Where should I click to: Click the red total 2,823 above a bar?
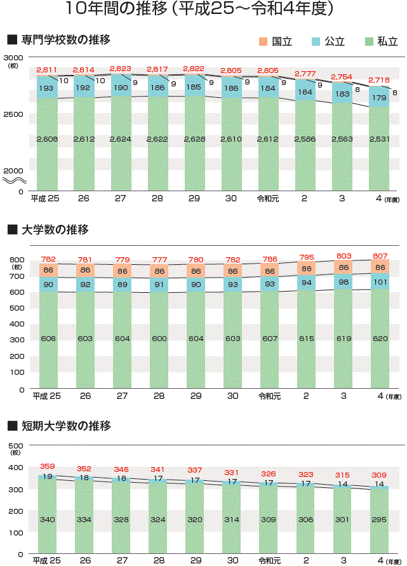(x=121, y=68)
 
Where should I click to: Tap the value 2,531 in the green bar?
(x=379, y=139)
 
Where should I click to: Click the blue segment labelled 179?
(x=379, y=98)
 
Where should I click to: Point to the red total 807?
(x=379, y=257)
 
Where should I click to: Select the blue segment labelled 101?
(x=379, y=282)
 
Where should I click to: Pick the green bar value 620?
(x=379, y=339)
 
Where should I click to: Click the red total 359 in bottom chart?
(x=48, y=467)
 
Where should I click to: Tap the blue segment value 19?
(x=48, y=476)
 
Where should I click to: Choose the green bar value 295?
(x=379, y=520)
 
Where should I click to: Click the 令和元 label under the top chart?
(x=269, y=199)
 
